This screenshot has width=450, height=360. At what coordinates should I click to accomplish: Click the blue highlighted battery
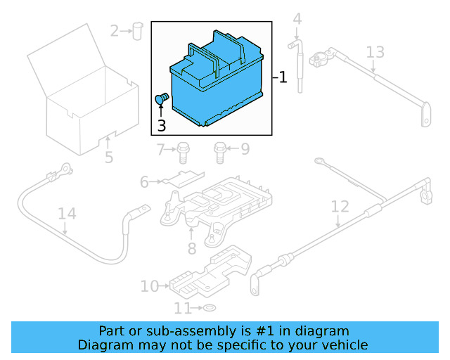coord(218,84)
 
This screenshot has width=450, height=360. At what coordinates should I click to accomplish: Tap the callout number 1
coord(283,77)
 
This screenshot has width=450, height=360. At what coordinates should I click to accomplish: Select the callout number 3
coord(161,126)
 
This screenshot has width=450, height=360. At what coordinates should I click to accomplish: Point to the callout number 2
coord(115,30)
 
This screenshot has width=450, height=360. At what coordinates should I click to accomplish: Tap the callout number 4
coord(297,19)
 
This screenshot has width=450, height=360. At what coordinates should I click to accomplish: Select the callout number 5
coord(109,157)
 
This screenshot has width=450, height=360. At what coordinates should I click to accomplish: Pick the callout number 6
coord(144,182)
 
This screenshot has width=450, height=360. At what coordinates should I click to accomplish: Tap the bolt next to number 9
coord(220,149)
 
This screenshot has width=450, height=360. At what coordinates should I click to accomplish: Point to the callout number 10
coord(150,286)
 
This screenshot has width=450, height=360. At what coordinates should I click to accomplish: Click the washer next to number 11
coord(208,309)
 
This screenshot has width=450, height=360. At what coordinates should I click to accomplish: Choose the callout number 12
coord(340,207)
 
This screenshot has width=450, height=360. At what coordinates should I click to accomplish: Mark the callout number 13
coord(375,52)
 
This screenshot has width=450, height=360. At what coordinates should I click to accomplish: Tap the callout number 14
coord(66,214)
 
